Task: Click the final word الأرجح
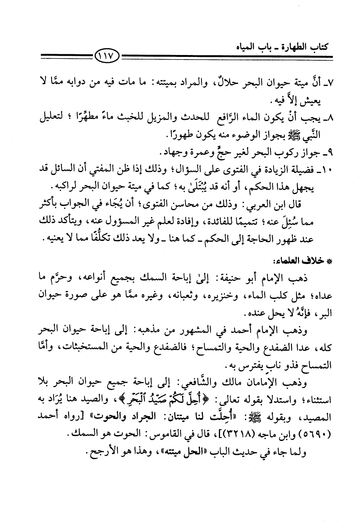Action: tap(103, 452)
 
